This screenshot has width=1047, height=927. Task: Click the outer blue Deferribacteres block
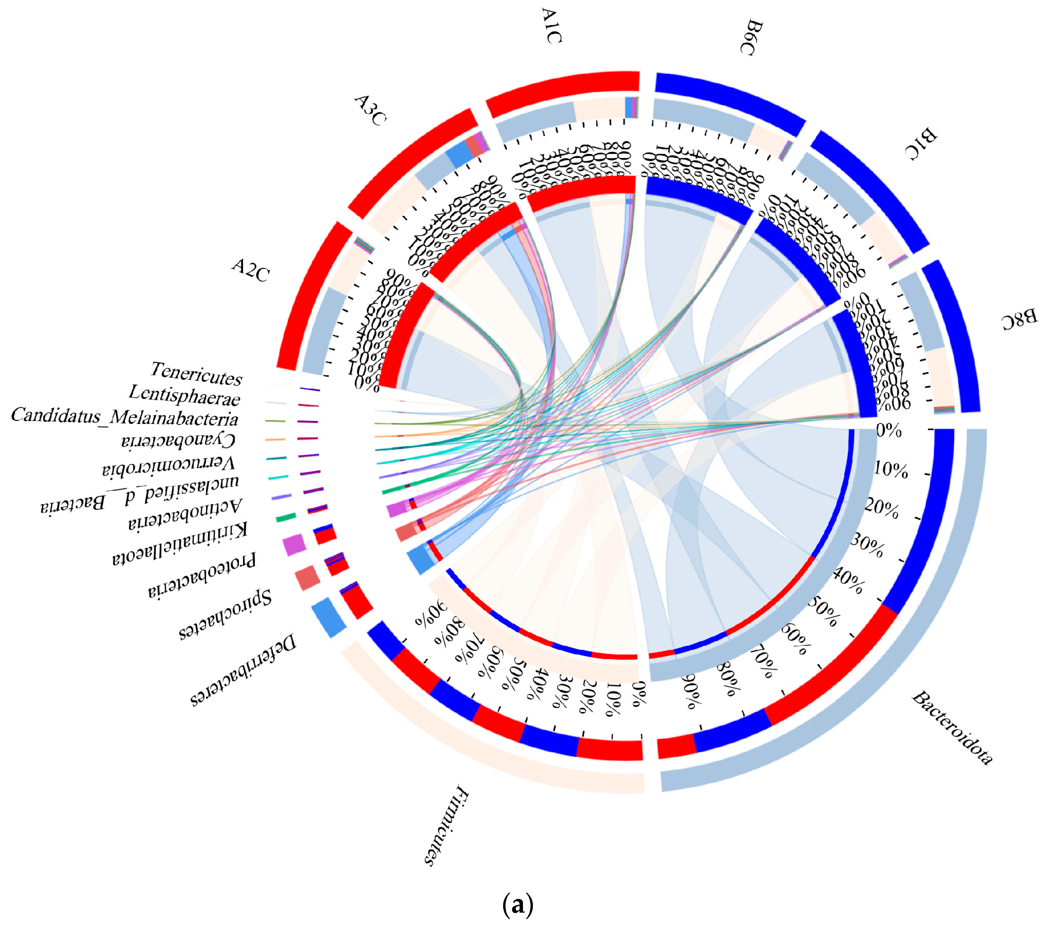tap(328, 617)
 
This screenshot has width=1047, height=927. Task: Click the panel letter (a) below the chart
tap(518, 905)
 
